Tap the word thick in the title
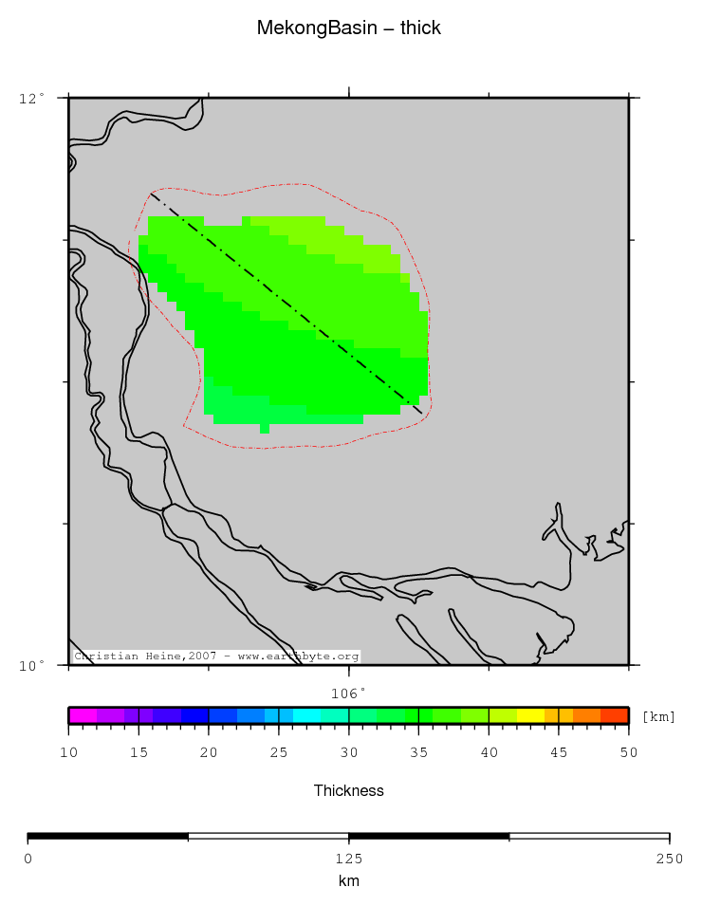pyautogui.click(x=420, y=28)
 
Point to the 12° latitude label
pyautogui.click(x=32, y=98)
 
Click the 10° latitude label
pyautogui.click(x=32, y=665)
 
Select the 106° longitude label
pyautogui.click(x=349, y=693)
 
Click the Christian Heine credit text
pyautogui.click(x=216, y=656)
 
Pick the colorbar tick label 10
pyautogui.click(x=68, y=752)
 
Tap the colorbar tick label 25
pyautogui.click(x=279, y=752)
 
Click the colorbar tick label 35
pyautogui.click(x=418, y=752)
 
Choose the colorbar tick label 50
pyautogui.click(x=628, y=752)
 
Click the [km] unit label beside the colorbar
pyautogui.click(x=659, y=716)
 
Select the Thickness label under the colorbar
pyautogui.click(x=349, y=790)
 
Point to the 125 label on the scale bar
pyautogui.click(x=349, y=859)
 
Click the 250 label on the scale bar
pyautogui.click(x=669, y=859)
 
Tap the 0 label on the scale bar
pyautogui.click(x=28, y=859)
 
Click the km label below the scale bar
pyautogui.click(x=349, y=881)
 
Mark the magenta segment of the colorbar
pyautogui.click(x=82, y=715)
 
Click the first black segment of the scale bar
pyautogui.click(x=107, y=837)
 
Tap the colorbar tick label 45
pyautogui.click(x=559, y=752)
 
